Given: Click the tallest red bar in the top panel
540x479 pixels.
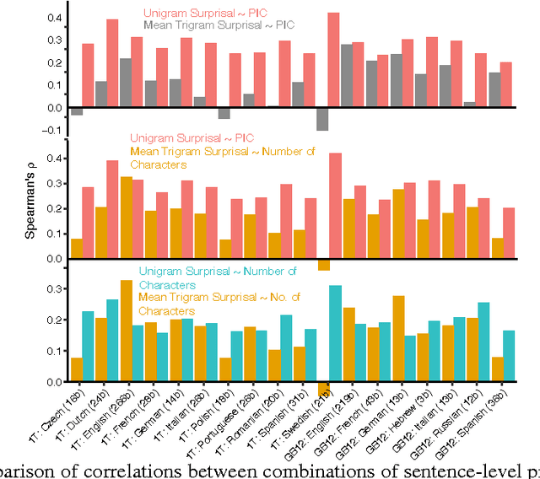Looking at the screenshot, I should (334, 59).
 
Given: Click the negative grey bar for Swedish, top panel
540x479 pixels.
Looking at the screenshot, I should (321, 118).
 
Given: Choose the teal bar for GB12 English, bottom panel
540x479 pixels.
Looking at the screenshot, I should (335, 332).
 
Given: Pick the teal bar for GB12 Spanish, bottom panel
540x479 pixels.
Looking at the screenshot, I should (509, 355).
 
